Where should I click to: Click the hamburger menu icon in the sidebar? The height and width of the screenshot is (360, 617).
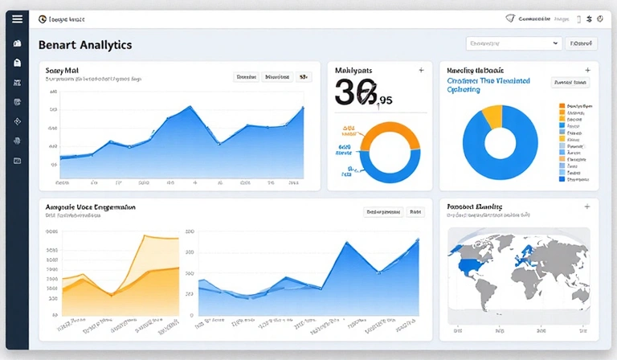pos(18,18)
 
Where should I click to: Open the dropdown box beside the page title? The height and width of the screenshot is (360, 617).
pos(514,43)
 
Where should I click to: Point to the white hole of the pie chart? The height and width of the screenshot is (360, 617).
pos(501,143)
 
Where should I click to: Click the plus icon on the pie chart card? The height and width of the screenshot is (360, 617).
pos(587,71)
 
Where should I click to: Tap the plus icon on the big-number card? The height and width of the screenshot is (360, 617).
pos(421,71)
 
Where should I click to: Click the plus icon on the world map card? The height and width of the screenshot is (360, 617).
pos(587,207)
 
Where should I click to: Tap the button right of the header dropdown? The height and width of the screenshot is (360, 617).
pos(582,43)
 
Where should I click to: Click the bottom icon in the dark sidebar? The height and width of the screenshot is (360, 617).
pos(18,161)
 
